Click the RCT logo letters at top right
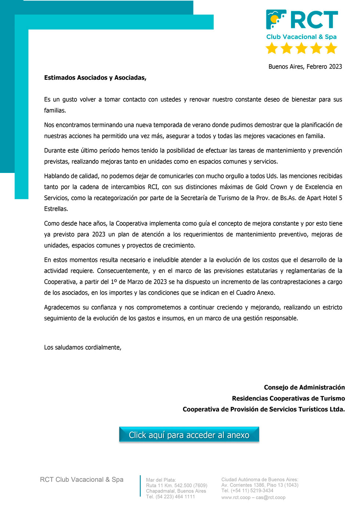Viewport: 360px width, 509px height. click(314, 20)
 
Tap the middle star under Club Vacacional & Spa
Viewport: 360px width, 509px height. click(301, 48)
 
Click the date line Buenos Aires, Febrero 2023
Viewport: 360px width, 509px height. click(305, 66)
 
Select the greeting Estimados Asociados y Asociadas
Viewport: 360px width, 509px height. click(95, 77)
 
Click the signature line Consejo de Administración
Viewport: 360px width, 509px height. click(304, 387)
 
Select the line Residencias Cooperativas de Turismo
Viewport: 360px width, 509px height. click(288, 398)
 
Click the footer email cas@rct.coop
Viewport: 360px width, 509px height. click(270, 497)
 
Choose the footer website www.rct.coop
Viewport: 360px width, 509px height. click(236, 497)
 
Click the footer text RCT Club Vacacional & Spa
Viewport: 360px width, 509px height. click(82, 480)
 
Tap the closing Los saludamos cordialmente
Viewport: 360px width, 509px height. click(83, 347)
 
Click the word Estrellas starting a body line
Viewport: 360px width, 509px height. click(56, 209)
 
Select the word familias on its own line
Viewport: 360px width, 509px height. click(55, 111)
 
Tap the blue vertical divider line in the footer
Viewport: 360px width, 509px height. click(140, 486)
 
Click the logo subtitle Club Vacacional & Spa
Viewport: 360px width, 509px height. click(301, 37)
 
